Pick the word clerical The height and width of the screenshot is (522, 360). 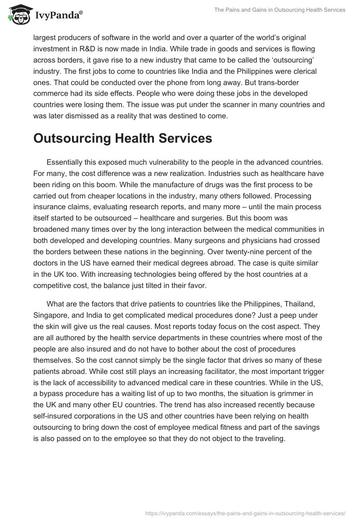(303, 71)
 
